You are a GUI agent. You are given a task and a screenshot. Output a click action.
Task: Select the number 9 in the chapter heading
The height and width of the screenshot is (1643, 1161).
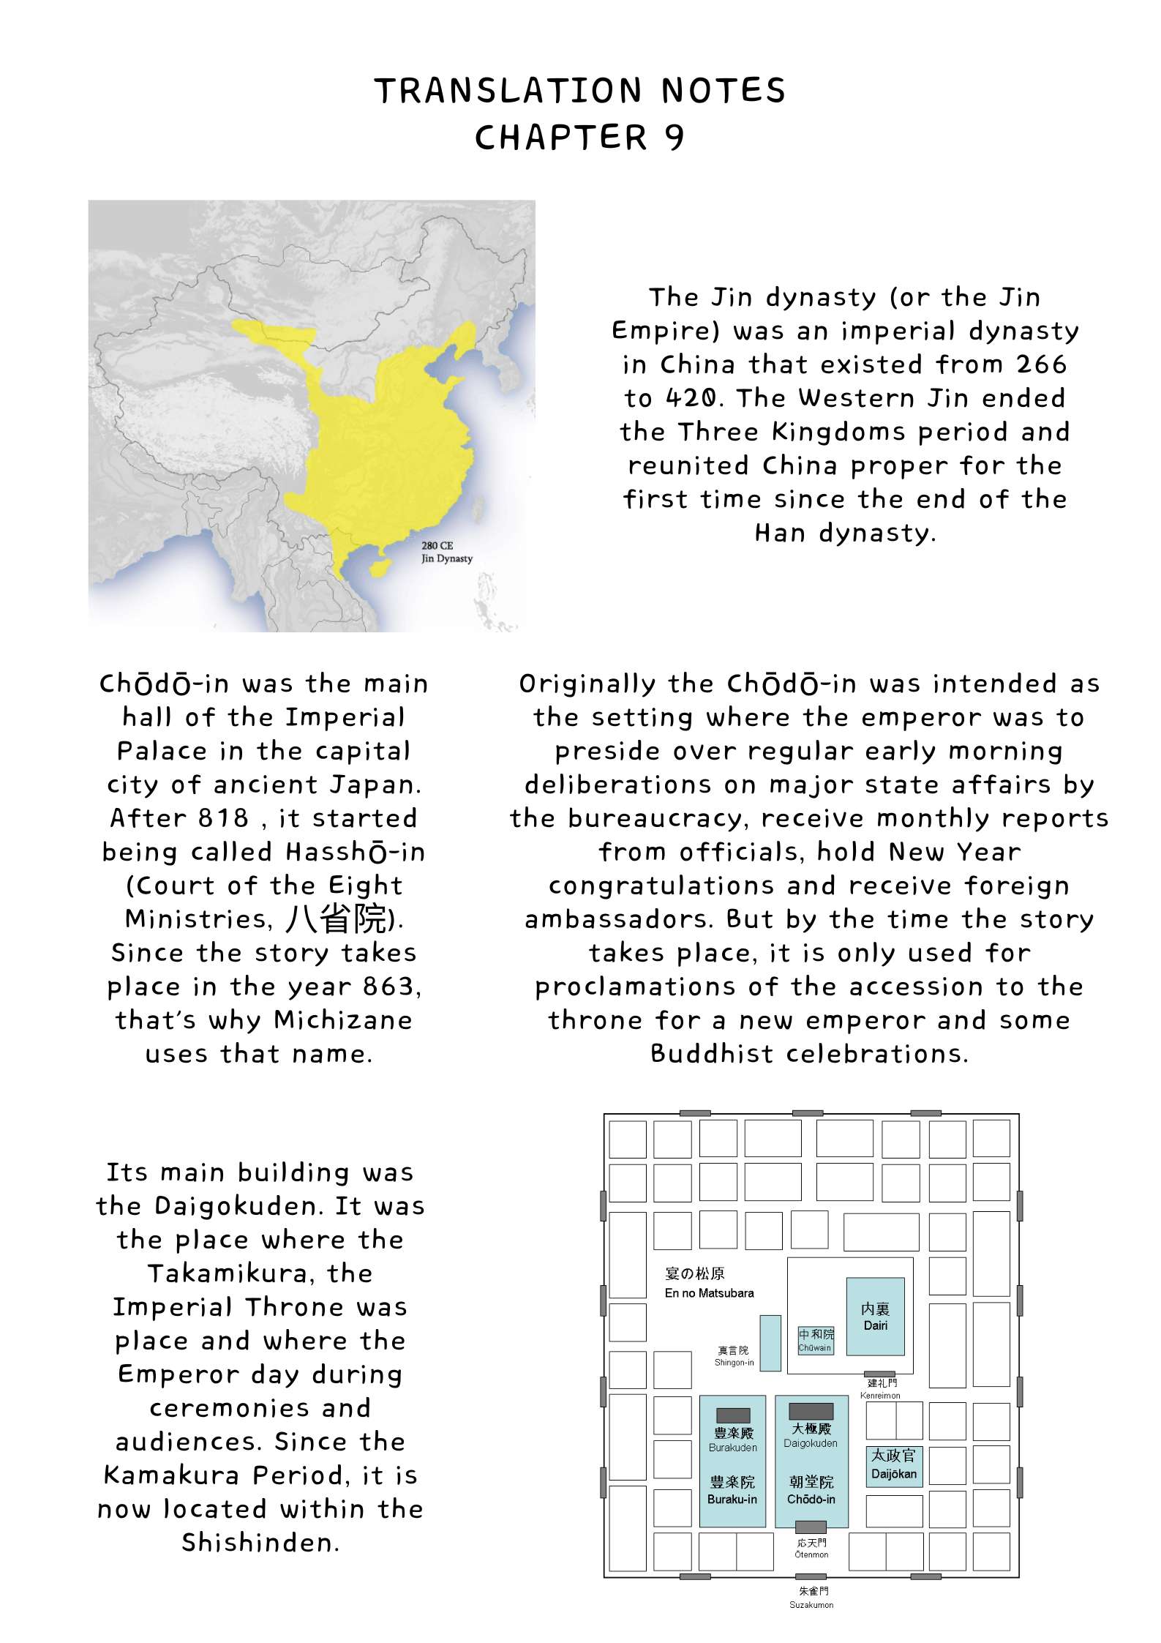tap(674, 138)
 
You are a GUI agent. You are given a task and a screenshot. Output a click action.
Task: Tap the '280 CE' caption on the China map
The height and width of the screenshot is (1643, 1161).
tap(437, 545)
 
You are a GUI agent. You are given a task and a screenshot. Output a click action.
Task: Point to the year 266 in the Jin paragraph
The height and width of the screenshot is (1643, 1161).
tap(1041, 364)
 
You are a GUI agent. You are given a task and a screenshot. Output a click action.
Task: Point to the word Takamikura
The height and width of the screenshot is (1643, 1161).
tap(260, 1273)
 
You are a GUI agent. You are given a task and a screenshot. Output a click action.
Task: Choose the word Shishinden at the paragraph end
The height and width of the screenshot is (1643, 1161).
tap(260, 1542)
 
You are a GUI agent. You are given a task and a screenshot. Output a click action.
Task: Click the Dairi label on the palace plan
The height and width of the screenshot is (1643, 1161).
tap(875, 1325)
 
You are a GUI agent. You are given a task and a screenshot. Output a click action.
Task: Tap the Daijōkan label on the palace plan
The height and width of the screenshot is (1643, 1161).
tap(893, 1473)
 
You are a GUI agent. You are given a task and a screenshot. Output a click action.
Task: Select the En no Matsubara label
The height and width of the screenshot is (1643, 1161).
tap(709, 1293)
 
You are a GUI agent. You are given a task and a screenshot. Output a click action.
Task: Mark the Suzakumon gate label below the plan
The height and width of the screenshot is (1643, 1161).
tap(811, 1605)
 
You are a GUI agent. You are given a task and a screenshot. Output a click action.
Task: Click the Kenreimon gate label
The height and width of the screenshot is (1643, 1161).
tap(880, 1395)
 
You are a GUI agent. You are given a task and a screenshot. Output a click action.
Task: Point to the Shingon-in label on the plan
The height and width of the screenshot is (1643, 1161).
tap(734, 1362)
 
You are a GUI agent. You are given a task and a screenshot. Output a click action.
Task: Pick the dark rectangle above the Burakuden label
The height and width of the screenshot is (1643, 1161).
tap(732, 1415)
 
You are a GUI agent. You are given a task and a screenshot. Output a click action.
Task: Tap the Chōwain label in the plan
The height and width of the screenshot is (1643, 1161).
tap(814, 1347)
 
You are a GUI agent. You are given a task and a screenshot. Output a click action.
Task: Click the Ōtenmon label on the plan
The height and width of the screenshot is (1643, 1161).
tap(811, 1554)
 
